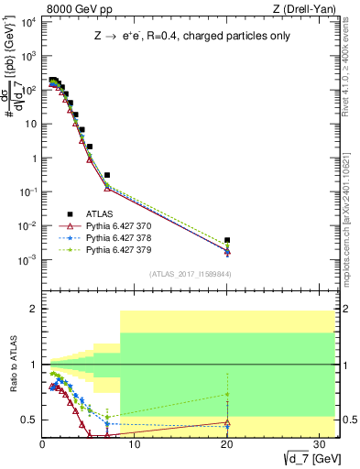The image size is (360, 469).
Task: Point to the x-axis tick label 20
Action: coord(226,443)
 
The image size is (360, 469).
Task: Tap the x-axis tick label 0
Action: coord(43,443)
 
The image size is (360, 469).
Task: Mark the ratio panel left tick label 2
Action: coord(34,310)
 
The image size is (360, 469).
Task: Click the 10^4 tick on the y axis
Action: coord(29,21)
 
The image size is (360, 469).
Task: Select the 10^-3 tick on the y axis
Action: coord(29,260)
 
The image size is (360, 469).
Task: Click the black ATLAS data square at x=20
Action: coord(226,240)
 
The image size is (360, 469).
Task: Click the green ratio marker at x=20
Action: coord(226,395)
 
